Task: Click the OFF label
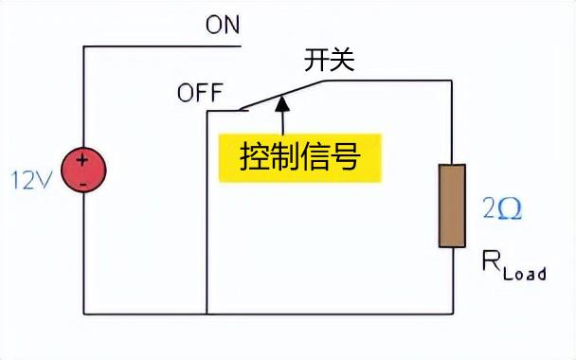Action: pyautogui.click(x=199, y=94)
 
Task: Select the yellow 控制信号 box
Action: pyautogui.click(x=300, y=156)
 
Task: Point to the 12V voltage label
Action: pyautogui.click(x=31, y=178)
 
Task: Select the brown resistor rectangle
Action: pyautogui.click(x=452, y=206)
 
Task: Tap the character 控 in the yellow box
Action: pyautogui.click(x=253, y=156)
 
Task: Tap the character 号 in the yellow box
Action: pyautogui.click(x=348, y=156)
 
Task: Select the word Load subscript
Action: pyautogui.click(x=525, y=274)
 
